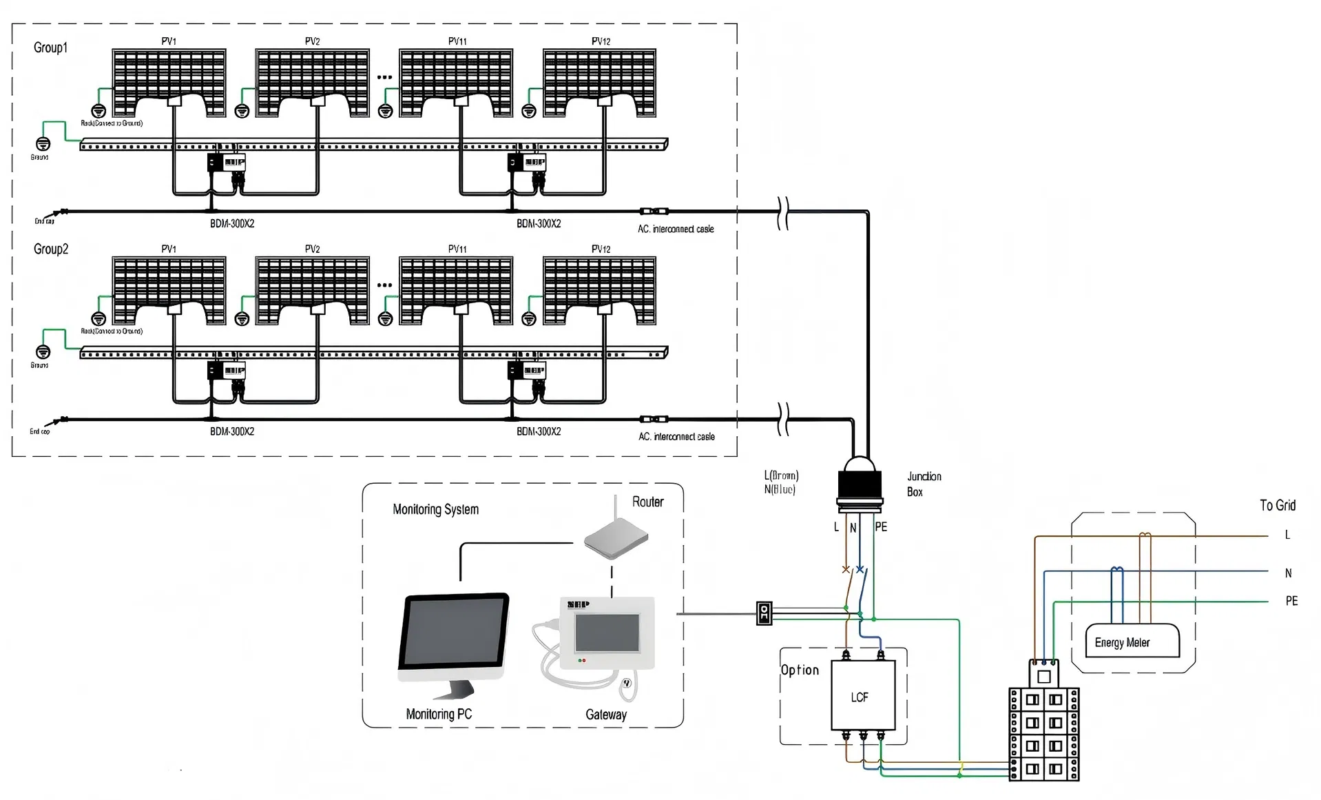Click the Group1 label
point(50,48)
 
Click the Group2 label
point(50,249)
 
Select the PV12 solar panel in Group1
point(599,82)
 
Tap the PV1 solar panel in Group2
point(169,289)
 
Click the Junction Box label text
point(924,484)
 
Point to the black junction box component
point(860,486)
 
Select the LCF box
point(863,695)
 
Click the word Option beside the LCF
point(800,670)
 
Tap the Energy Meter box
point(1132,642)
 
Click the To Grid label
point(1277,505)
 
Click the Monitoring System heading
point(435,509)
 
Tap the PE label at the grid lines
point(1291,601)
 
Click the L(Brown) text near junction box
point(781,475)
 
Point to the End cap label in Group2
point(39,431)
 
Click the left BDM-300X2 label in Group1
point(231,223)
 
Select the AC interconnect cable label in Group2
point(676,436)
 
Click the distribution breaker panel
point(1043,733)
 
